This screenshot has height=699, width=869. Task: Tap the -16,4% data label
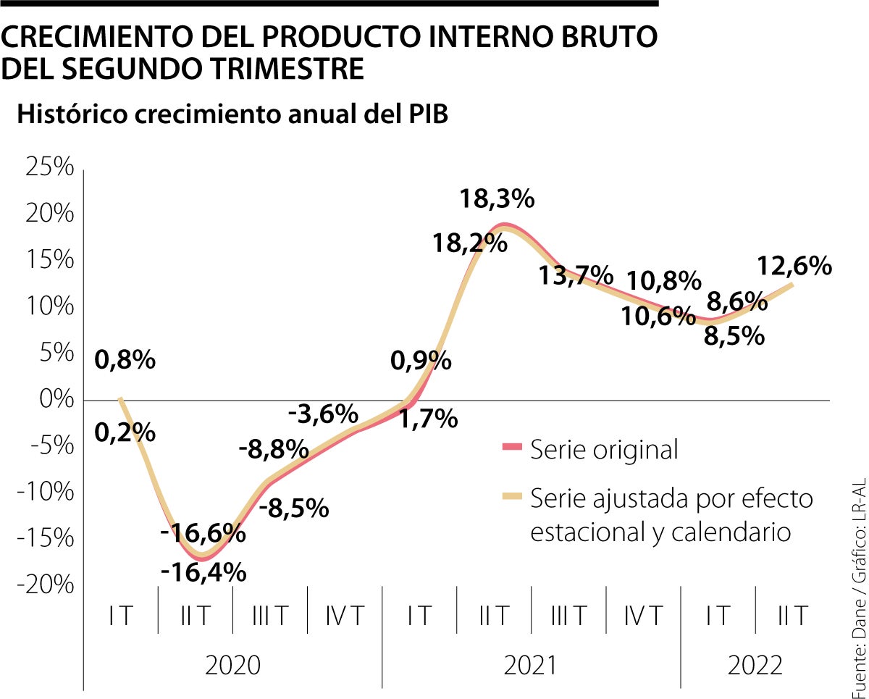(203, 572)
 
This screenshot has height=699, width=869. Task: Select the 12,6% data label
(794, 267)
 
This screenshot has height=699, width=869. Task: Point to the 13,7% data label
(575, 275)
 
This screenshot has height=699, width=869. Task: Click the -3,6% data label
(323, 414)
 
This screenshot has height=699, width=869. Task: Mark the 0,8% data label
(125, 359)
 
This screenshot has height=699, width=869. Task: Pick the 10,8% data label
(663, 280)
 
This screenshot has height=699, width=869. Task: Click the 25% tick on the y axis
(49, 167)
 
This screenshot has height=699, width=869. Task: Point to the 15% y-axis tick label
(49, 260)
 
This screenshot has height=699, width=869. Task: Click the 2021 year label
(531, 665)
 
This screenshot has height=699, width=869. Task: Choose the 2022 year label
(755, 665)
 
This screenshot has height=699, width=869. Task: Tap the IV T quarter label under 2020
(344, 616)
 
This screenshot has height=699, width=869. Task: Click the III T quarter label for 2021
(568, 616)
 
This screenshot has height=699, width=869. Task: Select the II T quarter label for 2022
(792, 616)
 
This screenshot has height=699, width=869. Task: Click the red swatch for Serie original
(511, 450)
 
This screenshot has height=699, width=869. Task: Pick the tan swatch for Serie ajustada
(511, 498)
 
